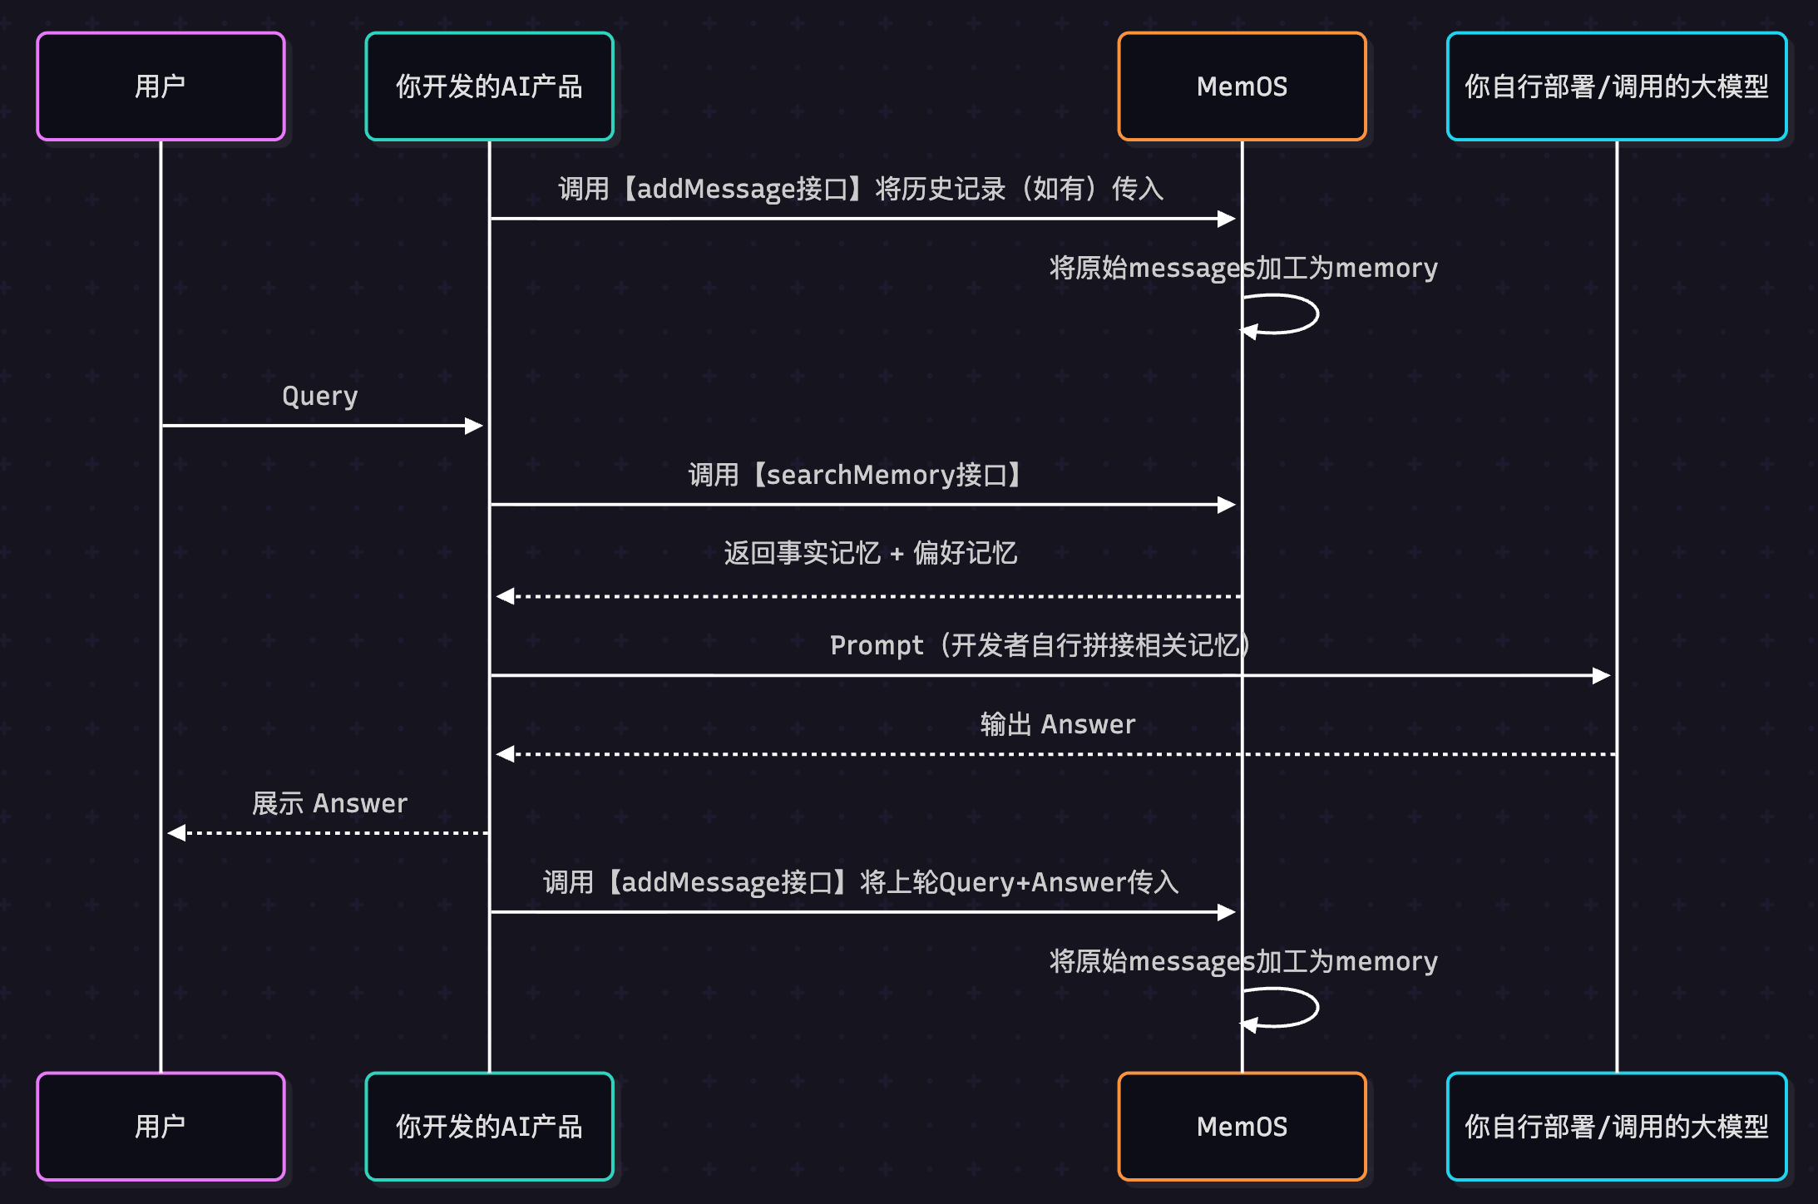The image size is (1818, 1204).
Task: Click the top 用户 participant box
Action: (x=161, y=86)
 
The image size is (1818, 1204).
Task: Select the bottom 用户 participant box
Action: (x=161, y=1126)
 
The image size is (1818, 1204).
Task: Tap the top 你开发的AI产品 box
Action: (x=489, y=86)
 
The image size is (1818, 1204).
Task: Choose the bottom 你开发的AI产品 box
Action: (x=489, y=1126)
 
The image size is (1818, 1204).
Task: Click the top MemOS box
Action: (x=1242, y=86)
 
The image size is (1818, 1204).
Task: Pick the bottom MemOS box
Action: (x=1242, y=1126)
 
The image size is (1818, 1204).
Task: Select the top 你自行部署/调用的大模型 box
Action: (x=1616, y=86)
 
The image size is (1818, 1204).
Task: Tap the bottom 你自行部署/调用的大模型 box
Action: (x=1616, y=1126)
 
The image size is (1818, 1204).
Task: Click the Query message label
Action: (x=320, y=396)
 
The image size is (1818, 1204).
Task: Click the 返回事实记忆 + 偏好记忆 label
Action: (x=870, y=553)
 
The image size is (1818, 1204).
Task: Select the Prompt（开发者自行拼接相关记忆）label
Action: (x=1040, y=645)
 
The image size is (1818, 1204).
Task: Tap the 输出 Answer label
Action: (x=1057, y=724)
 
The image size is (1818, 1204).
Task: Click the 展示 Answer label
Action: (x=329, y=803)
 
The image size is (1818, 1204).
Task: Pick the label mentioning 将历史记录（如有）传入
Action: (x=860, y=190)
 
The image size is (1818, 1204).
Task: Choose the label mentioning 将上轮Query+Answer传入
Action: (x=860, y=882)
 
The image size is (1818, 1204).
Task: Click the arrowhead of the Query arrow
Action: (x=474, y=426)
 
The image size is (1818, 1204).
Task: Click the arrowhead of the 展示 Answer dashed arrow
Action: (x=176, y=832)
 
